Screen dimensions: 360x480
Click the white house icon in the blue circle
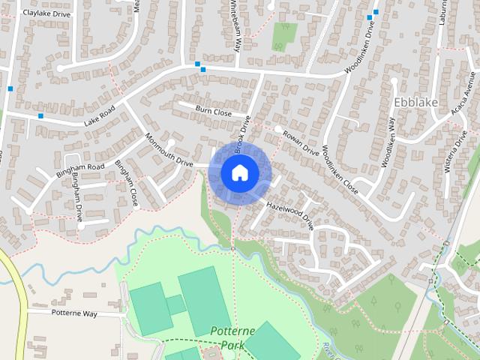coord(239,172)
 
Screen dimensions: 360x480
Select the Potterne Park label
coord(232,337)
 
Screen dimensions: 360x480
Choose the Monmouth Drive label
coord(169,150)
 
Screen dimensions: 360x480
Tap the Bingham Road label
coord(80,171)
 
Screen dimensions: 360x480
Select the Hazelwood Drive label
coord(290,213)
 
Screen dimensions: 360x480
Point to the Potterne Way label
coord(74,313)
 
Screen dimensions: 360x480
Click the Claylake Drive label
coord(46,13)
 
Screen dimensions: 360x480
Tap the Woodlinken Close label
coord(340,170)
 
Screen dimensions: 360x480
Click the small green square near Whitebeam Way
coord(284,34)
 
